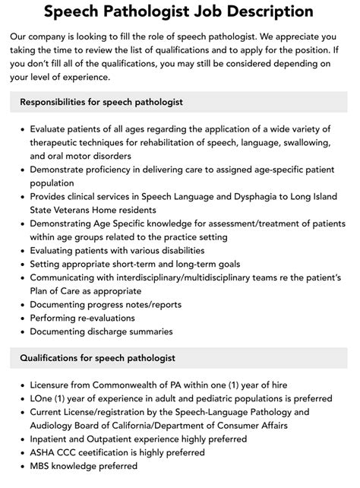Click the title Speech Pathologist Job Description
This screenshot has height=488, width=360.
pyautogui.click(x=179, y=11)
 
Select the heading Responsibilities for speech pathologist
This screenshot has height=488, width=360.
pyautogui.click(x=102, y=102)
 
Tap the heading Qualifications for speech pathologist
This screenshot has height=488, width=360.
pyautogui.click(x=97, y=357)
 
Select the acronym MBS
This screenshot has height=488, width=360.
pyautogui.click(x=42, y=465)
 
